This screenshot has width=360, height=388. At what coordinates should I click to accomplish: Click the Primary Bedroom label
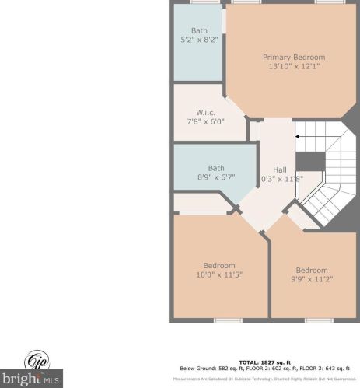[x=293, y=57]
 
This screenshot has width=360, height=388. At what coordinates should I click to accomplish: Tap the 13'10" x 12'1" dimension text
[x=293, y=66]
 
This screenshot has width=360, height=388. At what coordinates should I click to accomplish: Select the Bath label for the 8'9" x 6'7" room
[x=215, y=167]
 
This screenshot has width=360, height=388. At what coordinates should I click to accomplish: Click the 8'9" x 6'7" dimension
[x=215, y=177]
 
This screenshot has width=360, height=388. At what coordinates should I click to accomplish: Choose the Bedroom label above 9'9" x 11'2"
[x=311, y=271]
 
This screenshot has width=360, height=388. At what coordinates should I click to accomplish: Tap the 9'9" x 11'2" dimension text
[x=311, y=280]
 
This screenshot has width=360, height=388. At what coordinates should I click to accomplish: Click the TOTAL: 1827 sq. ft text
[x=264, y=362]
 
